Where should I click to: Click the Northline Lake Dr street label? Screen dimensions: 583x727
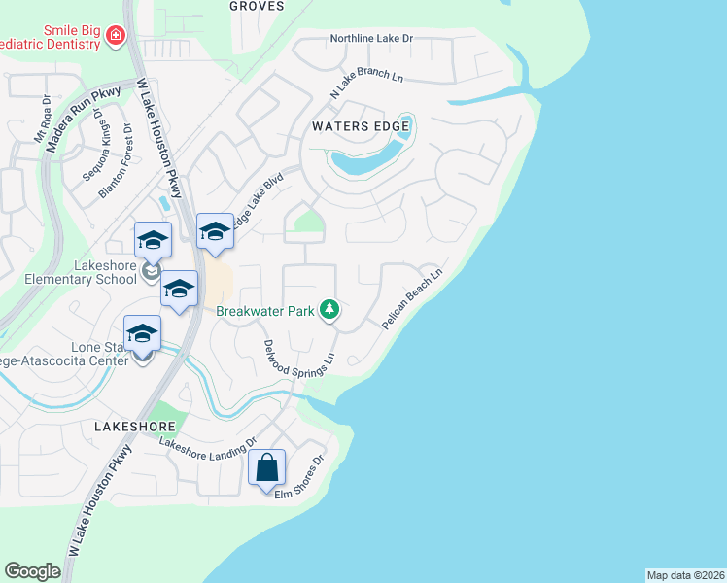click(x=371, y=38)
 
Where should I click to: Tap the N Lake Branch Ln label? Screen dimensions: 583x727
click(x=366, y=83)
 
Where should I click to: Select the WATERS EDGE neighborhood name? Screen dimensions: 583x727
click(x=353, y=126)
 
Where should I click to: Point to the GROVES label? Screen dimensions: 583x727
click(x=257, y=6)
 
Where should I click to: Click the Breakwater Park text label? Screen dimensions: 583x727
click(x=265, y=311)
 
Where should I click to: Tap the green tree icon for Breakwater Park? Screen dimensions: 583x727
click(x=331, y=310)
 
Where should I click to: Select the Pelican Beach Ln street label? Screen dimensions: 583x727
click(x=413, y=297)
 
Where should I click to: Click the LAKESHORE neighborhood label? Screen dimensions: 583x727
click(x=135, y=427)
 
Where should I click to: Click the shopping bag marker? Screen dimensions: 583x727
click(x=266, y=469)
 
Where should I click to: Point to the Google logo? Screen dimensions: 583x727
click(x=32, y=571)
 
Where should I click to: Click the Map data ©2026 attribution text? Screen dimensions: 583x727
click(x=685, y=575)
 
